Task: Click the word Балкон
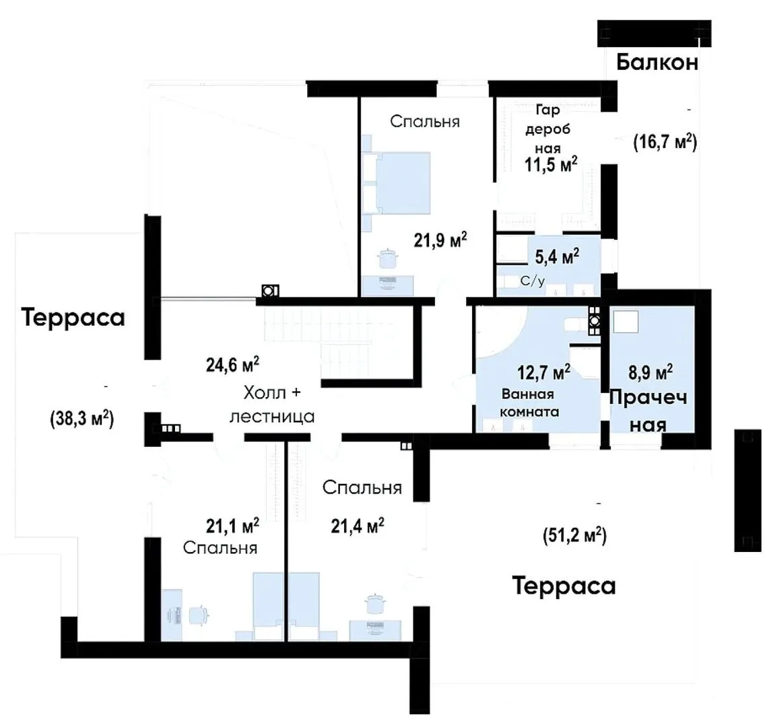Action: [657, 62]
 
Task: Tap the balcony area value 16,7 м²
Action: [665, 142]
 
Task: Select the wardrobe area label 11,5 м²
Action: [551, 164]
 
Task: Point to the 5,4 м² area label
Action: [557, 256]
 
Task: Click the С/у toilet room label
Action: [533, 281]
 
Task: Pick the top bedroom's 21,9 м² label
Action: [440, 240]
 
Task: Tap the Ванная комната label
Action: [529, 403]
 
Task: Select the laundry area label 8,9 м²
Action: [650, 372]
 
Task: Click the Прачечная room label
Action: [648, 411]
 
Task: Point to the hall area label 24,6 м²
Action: [232, 365]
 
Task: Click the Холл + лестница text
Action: [272, 405]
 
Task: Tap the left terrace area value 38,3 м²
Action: [82, 419]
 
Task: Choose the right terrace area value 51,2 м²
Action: [575, 535]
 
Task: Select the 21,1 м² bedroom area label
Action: [232, 526]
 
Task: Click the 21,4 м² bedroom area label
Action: [358, 526]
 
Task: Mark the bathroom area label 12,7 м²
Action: [543, 372]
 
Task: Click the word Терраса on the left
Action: [73, 317]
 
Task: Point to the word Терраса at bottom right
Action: [564, 586]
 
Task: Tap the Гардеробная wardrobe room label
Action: [548, 129]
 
